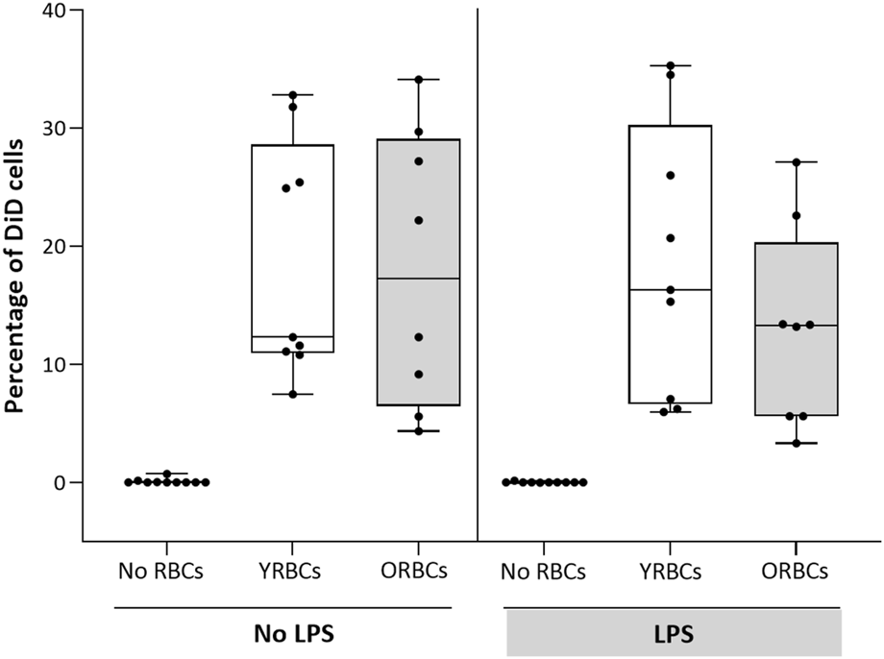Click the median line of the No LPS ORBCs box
(417, 279)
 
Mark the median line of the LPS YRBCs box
(671, 289)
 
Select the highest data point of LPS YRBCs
(671, 65)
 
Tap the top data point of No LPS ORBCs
(417, 79)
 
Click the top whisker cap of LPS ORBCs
(797, 161)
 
